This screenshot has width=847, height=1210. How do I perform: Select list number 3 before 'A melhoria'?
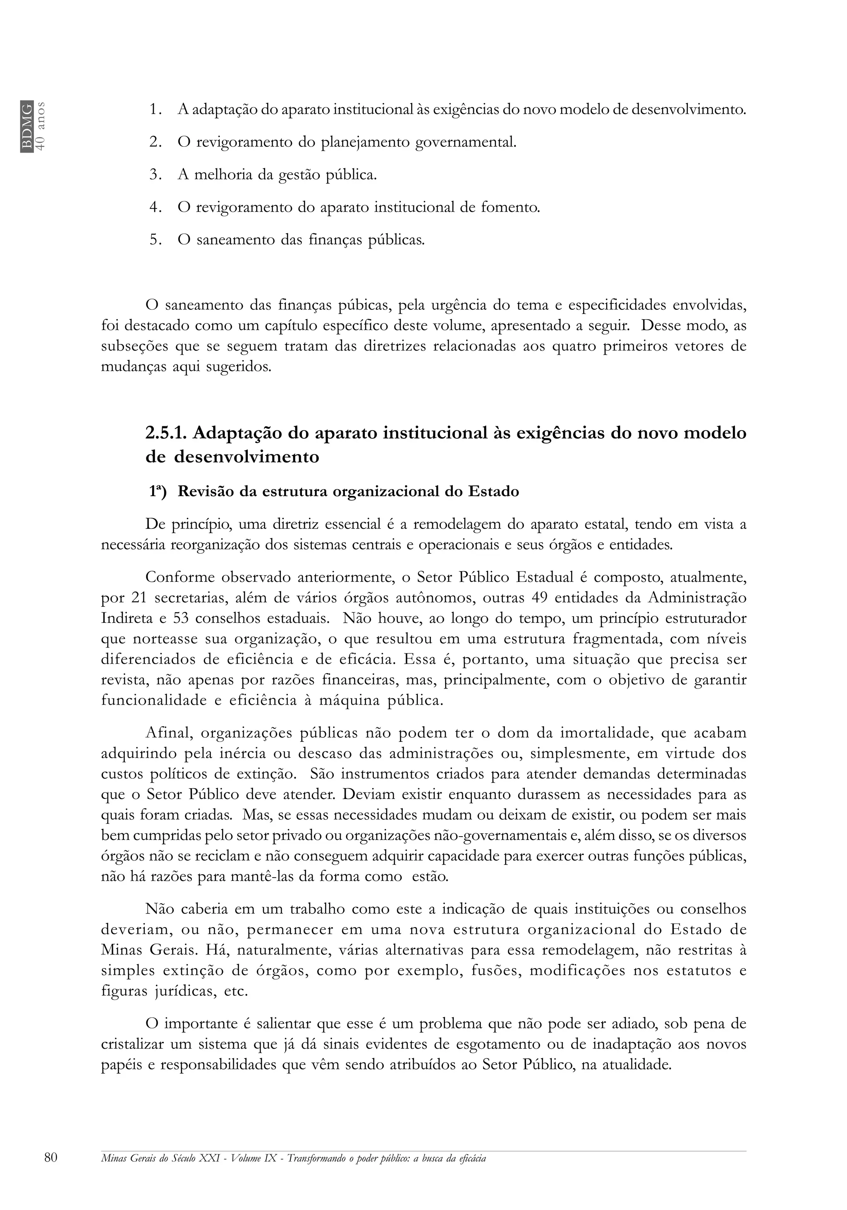(155, 175)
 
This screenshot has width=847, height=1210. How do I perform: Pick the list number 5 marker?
(155, 240)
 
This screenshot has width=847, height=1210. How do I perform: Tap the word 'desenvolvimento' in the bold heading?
(246, 457)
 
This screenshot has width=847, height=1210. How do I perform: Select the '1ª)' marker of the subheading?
(157, 492)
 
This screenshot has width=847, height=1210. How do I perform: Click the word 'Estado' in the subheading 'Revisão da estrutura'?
(493, 492)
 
